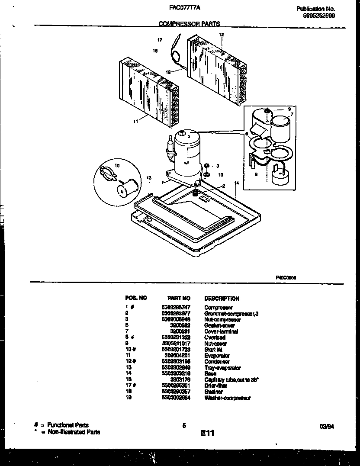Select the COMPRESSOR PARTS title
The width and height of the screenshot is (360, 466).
coord(189,24)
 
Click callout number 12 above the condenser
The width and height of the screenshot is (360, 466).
coord(221,34)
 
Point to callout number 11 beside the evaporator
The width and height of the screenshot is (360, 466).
coord(135,122)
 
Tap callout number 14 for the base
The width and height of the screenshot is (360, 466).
coord(236,183)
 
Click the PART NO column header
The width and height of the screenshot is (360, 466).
coord(178,299)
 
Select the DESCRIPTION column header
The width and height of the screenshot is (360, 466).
coord(222,299)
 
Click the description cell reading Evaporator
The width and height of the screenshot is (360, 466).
coord(217,356)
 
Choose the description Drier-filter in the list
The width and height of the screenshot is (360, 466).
coord(216,386)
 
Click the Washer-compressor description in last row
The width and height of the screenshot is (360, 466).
coord(227,398)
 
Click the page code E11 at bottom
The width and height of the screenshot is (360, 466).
coord(207,433)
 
